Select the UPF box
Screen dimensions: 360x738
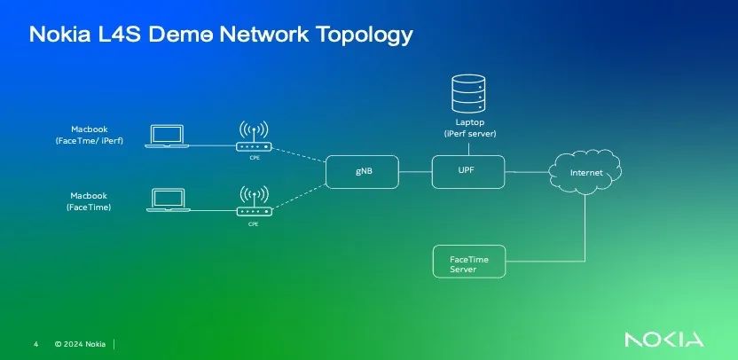click(467, 171)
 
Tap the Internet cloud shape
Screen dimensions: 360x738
click(585, 171)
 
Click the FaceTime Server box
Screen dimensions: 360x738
click(467, 262)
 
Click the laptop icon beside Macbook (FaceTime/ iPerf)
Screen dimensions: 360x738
click(166, 137)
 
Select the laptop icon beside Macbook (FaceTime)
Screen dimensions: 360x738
click(166, 200)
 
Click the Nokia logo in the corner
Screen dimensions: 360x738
click(663, 340)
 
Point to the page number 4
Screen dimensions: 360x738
click(35, 343)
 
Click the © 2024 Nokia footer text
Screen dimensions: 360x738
click(80, 343)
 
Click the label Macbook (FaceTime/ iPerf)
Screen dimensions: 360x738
click(89, 135)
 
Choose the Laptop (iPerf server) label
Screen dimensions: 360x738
click(469, 128)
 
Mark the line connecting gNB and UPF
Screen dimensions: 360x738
click(415, 171)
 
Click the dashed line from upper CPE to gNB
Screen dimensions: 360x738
click(300, 160)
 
